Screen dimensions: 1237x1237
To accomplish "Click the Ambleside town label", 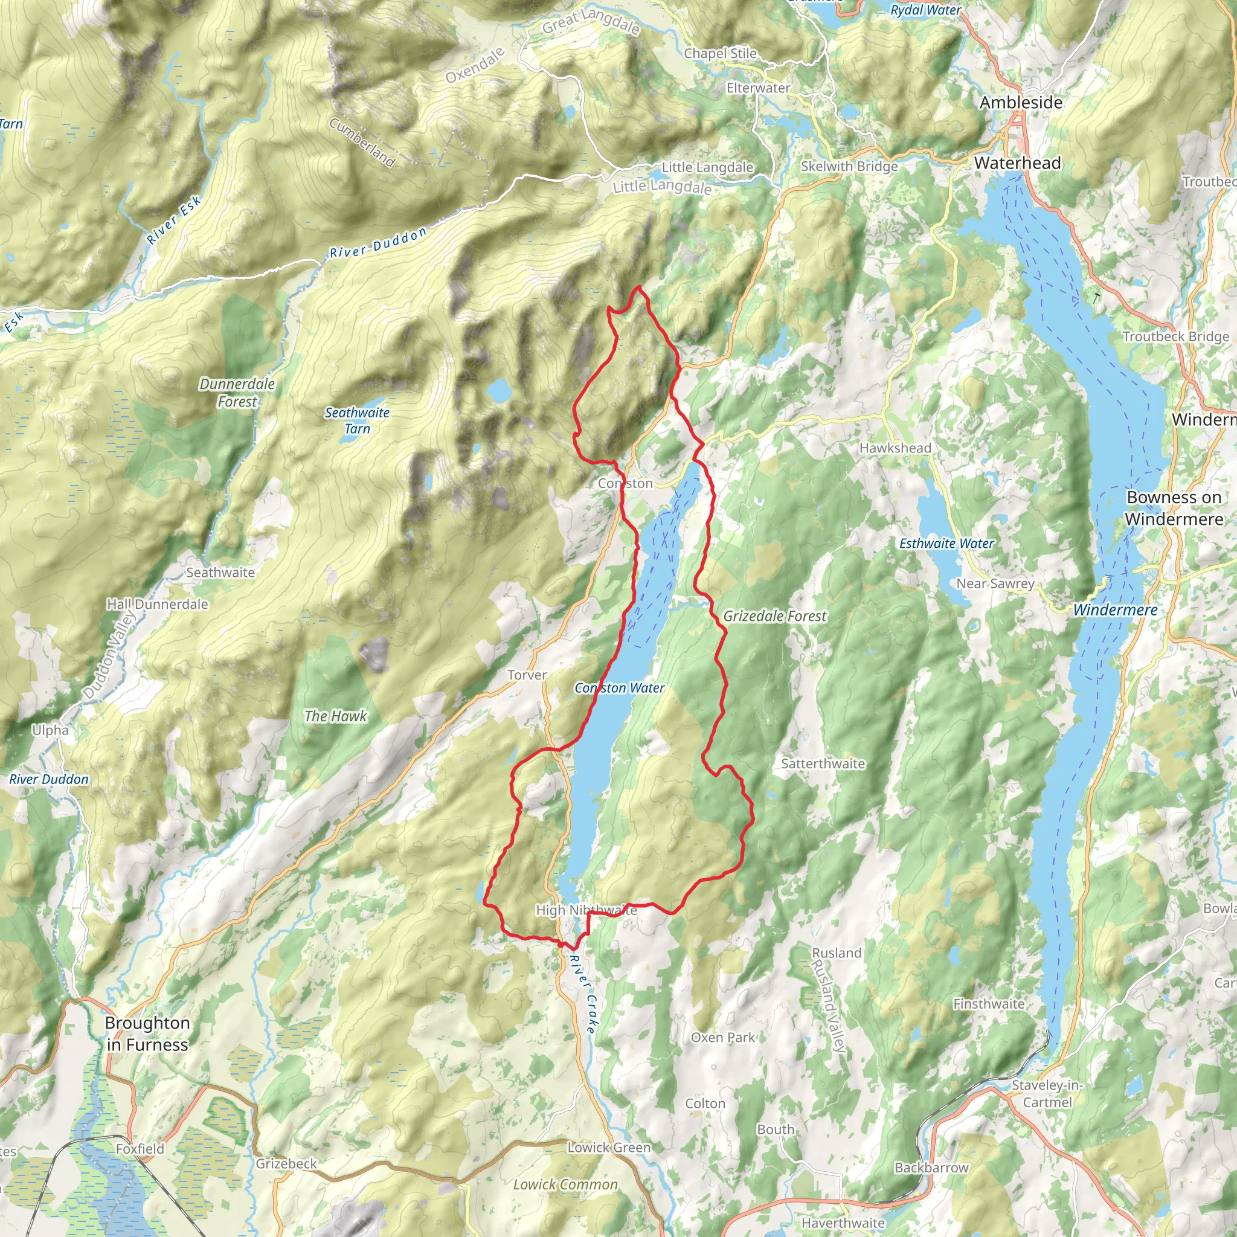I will tap(1021, 103).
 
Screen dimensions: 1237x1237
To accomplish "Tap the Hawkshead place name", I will tap(895, 448).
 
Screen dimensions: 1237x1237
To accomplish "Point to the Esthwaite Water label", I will tap(946, 544).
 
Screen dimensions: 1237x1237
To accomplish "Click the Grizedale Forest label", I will tap(775, 616).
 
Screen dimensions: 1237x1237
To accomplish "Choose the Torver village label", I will tap(527, 675).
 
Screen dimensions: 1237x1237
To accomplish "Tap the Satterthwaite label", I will tap(823, 764).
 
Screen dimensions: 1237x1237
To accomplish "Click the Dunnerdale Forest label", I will tap(237, 393).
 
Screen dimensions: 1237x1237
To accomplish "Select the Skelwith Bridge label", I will tap(849, 167).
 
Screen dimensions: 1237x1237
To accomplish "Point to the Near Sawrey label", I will tap(995, 583).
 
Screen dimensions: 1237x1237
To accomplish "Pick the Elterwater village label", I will tap(758, 88).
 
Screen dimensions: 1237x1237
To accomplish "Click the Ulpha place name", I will tap(50, 730).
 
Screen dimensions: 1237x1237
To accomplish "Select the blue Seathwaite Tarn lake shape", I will tap(499, 390).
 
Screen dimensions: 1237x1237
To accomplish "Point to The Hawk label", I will tap(335, 716).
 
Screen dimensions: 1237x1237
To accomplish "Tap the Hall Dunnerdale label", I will tap(158, 604).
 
